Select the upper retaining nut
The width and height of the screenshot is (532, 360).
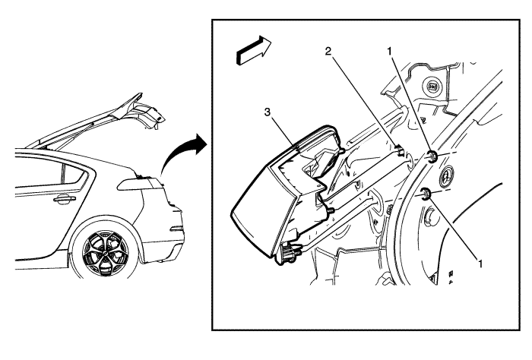pos(432,157)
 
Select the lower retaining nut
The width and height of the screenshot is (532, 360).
pos(426,194)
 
